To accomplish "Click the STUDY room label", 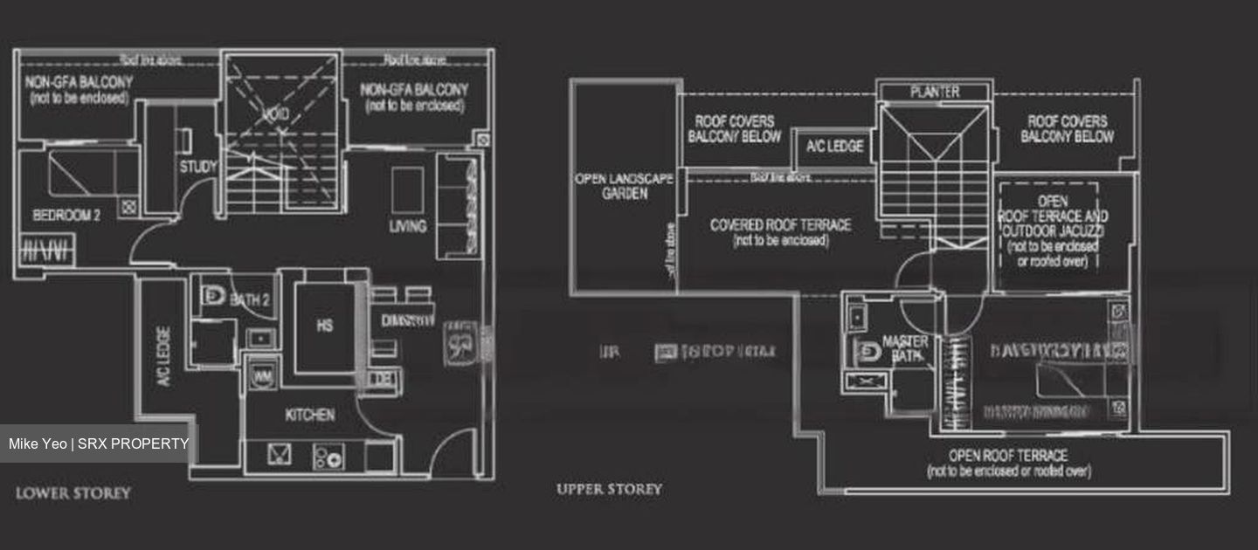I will click(197, 166).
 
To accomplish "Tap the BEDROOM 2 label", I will click(66, 215).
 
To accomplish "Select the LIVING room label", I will click(408, 226).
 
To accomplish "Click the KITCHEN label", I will click(309, 415).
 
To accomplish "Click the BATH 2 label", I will click(250, 300).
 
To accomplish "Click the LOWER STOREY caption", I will click(73, 493).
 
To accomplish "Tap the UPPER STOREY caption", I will click(609, 489).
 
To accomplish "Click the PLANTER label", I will click(934, 92).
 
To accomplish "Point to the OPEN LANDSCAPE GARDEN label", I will click(624, 186).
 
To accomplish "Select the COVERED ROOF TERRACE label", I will click(780, 231).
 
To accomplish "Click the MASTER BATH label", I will click(904, 348).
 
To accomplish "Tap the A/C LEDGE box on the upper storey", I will click(834, 147).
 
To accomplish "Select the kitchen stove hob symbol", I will click(328, 456).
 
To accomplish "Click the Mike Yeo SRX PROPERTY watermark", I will click(99, 443).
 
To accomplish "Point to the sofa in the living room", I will click(457, 206).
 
